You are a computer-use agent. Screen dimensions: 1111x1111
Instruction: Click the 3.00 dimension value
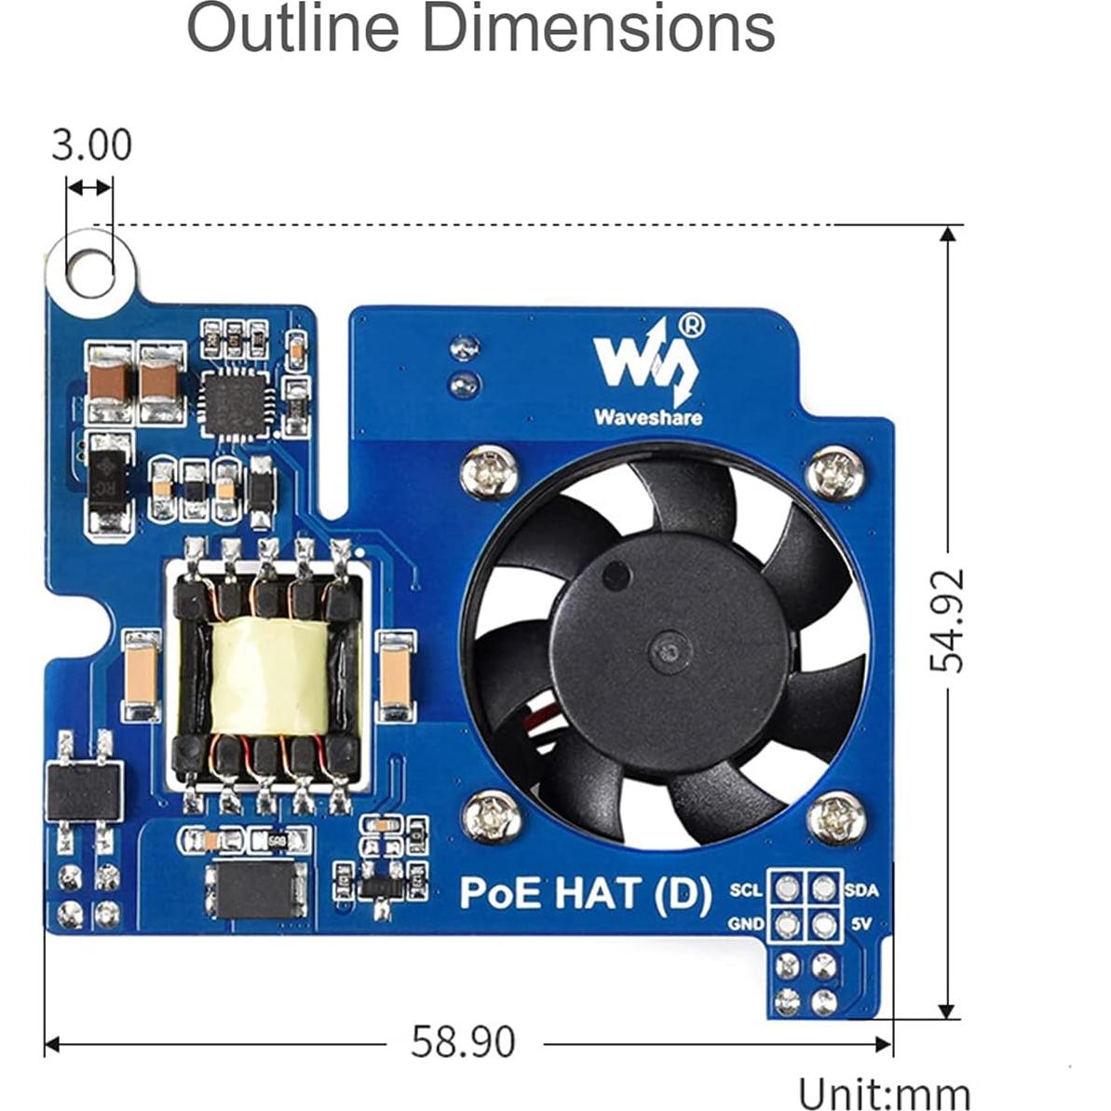[x=91, y=145]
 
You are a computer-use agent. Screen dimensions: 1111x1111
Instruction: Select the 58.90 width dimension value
[x=463, y=1041]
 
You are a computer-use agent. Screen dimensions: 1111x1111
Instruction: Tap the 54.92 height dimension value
[x=948, y=620]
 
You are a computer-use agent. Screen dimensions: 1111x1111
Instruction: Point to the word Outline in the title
[x=292, y=28]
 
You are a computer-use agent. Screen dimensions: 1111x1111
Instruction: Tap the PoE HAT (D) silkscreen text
[x=586, y=892]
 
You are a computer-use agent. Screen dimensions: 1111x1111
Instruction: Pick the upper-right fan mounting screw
[x=834, y=472]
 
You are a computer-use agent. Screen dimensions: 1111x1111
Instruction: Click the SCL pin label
[x=746, y=890]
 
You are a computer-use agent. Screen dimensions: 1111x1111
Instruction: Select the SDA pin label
[x=860, y=890]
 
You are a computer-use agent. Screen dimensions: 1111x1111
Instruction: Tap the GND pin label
[x=746, y=924]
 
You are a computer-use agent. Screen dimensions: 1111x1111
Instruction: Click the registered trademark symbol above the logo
[x=692, y=324]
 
